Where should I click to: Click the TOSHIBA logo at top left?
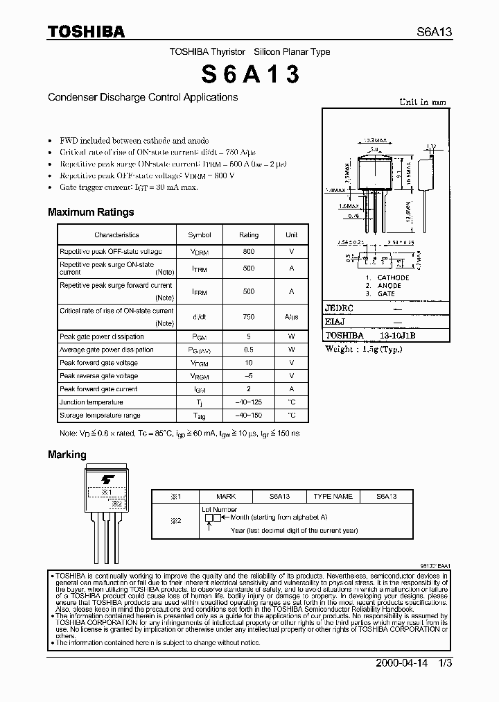(x=86, y=31)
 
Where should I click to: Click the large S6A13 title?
(x=250, y=74)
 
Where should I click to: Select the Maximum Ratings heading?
(x=91, y=212)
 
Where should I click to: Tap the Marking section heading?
(x=67, y=454)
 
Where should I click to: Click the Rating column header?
(x=248, y=235)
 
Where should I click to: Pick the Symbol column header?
(x=200, y=235)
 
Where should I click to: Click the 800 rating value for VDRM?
(x=248, y=251)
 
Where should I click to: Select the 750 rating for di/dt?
(x=248, y=317)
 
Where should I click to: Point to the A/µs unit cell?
(x=291, y=317)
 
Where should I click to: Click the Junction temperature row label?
(x=91, y=402)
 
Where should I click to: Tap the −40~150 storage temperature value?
(x=248, y=416)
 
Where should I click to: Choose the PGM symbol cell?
(x=200, y=337)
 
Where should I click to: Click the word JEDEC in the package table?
(x=340, y=307)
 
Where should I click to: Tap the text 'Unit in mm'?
(x=422, y=102)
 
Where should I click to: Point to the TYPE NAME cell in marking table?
(x=333, y=497)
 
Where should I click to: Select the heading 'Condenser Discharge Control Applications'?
(x=143, y=98)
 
